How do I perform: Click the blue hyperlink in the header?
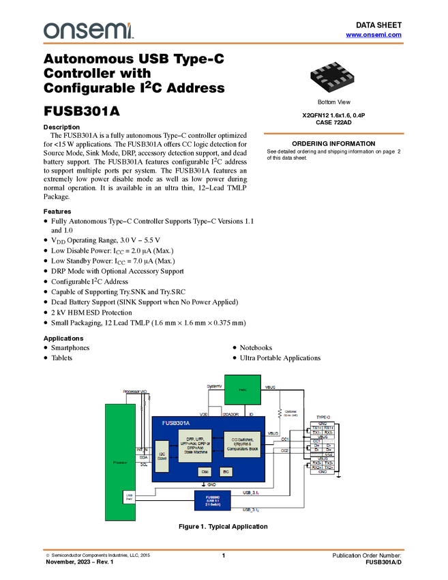pyautogui.click(x=374, y=34)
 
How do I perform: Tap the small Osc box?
pyautogui.click(x=205, y=472)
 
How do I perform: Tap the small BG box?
pyautogui.click(x=225, y=472)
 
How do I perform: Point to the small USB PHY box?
pyautogui.click(x=128, y=497)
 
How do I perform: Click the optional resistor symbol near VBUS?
pyautogui.click(x=280, y=414)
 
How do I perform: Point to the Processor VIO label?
pyautogui.click(x=134, y=391)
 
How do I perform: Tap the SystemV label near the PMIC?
pyautogui.click(x=214, y=387)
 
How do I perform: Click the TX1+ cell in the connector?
pyautogui.click(x=316, y=427)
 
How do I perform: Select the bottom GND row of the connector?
pyautogui.click(x=323, y=472)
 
